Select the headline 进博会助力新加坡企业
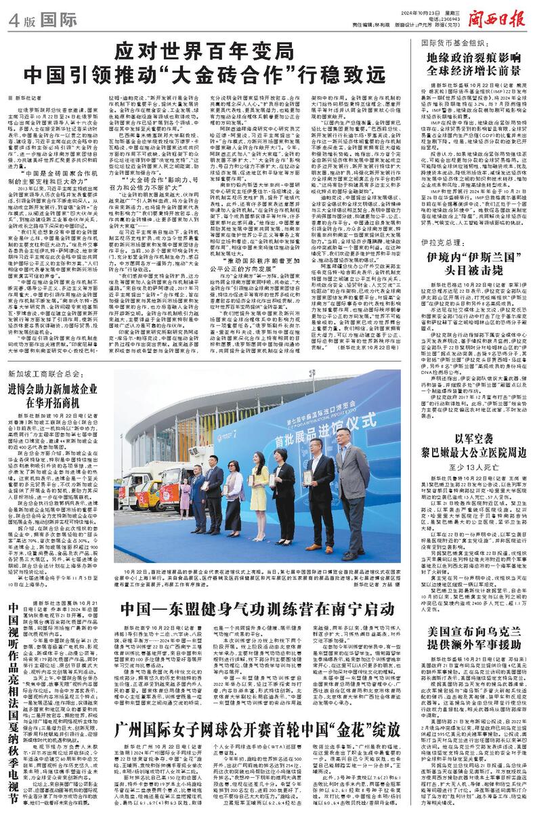pyautogui.click(x=57, y=392)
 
